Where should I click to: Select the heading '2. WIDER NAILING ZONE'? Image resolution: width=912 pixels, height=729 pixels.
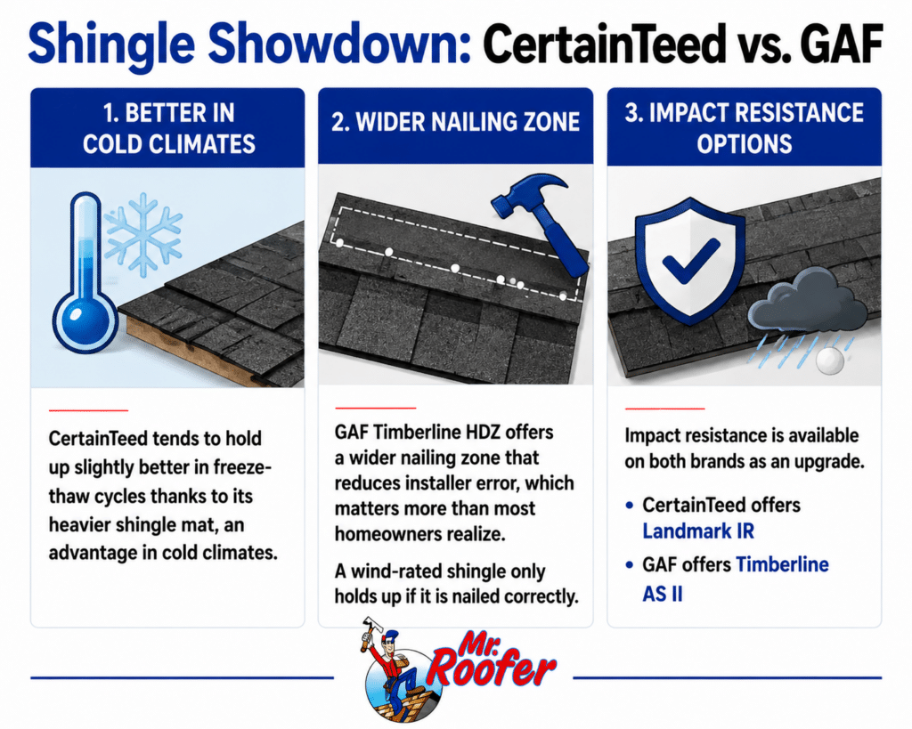[455, 123]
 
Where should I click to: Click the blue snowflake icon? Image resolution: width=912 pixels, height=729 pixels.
[143, 234]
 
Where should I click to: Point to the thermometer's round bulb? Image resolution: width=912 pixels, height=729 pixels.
[85, 321]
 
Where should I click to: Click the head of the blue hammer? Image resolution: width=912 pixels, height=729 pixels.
[527, 195]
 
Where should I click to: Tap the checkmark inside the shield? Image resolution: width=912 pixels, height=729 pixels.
[690, 261]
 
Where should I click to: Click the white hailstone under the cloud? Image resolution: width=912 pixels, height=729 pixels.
[829, 360]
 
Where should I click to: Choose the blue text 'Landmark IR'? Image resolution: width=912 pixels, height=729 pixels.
[698, 531]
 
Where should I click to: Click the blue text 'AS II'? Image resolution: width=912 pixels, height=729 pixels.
[663, 594]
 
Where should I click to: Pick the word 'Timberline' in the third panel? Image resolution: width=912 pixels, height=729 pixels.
[782, 564]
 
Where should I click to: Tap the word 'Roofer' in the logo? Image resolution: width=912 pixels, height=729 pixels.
[492, 669]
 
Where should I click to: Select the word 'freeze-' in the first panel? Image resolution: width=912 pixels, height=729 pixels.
[242, 467]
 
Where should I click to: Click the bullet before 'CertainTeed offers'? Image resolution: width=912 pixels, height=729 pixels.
[629, 506]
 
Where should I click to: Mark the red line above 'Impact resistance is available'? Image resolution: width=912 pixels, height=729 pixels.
[664, 409]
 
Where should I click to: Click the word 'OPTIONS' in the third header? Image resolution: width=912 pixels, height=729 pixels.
[745, 144]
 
